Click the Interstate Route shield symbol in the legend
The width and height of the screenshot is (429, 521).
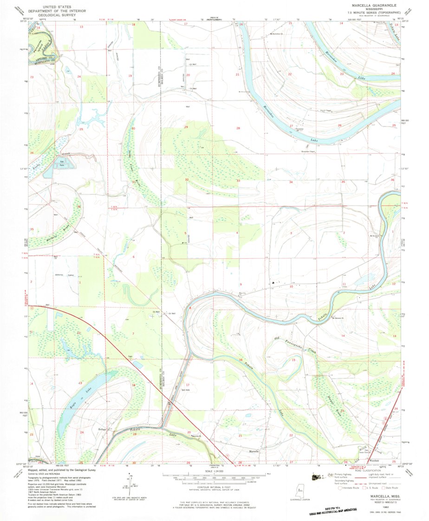(340, 488)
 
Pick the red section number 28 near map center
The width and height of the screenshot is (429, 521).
(238, 128)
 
